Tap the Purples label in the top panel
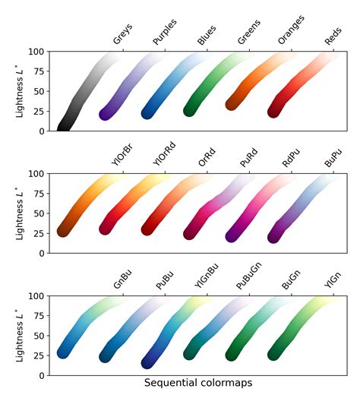(166, 35)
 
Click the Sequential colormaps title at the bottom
(198, 384)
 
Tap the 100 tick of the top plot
(36, 52)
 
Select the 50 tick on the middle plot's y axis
(39, 213)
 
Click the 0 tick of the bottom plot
(42, 375)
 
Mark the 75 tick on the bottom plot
(39, 316)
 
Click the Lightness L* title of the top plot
(20, 91)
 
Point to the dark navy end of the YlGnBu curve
(150, 362)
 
